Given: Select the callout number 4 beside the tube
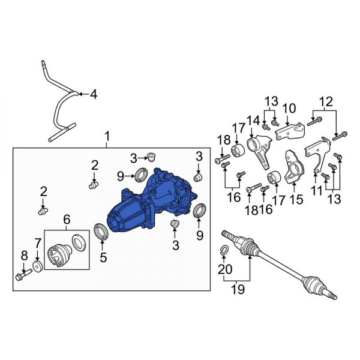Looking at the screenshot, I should point(93,94).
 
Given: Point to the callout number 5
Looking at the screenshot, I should point(103,259).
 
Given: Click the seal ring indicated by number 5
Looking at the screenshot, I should point(102,232).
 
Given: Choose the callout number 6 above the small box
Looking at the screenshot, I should point(67,220).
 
